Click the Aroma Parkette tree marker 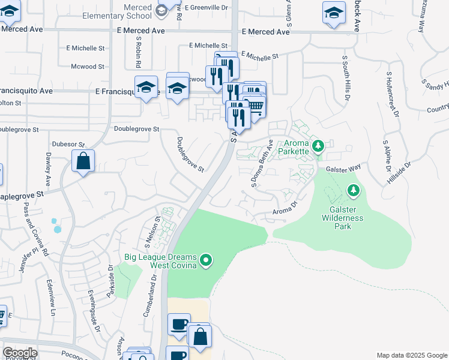click(x=318, y=145)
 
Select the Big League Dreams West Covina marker click(x=206, y=260)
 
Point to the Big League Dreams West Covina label click(x=160, y=261)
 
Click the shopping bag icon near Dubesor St click(x=83, y=161)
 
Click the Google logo click(x=20, y=353)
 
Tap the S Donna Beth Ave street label click(x=262, y=164)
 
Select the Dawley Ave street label click(x=48, y=169)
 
